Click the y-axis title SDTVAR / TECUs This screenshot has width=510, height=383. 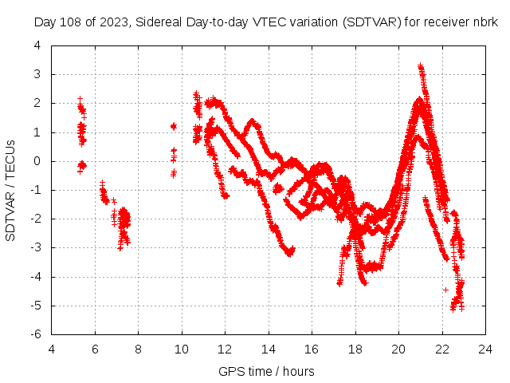11,190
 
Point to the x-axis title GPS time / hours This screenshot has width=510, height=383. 266,371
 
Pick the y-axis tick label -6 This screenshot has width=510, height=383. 36,334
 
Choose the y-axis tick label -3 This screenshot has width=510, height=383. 36,248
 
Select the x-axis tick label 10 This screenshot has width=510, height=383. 182,349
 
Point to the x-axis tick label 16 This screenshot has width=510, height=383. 312,349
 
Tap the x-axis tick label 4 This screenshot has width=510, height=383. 52,349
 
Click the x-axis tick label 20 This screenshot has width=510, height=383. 398,349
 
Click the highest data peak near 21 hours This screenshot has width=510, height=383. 421,67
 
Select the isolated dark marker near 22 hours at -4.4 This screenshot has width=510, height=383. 445,289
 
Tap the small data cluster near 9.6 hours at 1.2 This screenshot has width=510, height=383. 173,126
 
